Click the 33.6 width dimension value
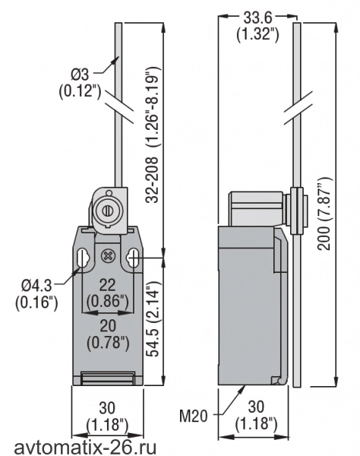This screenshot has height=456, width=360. (x=257, y=17)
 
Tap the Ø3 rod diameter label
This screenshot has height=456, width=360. (x=81, y=74)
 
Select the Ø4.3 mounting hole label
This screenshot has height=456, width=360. (x=36, y=285)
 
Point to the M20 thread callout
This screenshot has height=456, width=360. (x=193, y=416)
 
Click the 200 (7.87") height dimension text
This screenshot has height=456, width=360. (x=324, y=213)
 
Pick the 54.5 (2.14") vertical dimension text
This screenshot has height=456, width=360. (x=153, y=318)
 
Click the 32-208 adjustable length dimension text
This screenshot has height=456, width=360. (x=153, y=135)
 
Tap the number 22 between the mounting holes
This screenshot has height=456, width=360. (x=108, y=285)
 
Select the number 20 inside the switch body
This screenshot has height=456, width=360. (x=108, y=326)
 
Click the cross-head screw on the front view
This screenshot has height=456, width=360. (x=108, y=256)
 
